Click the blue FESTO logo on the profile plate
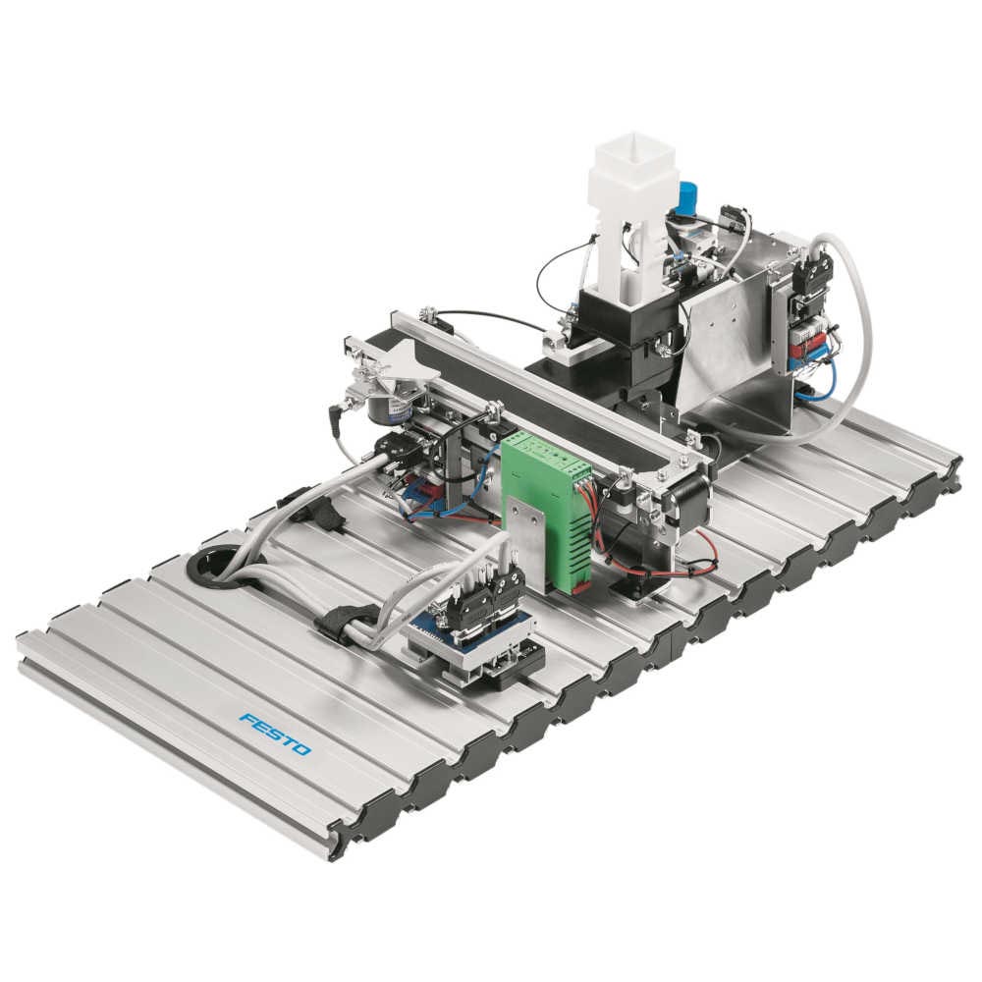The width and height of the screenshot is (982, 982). [x=275, y=734]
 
